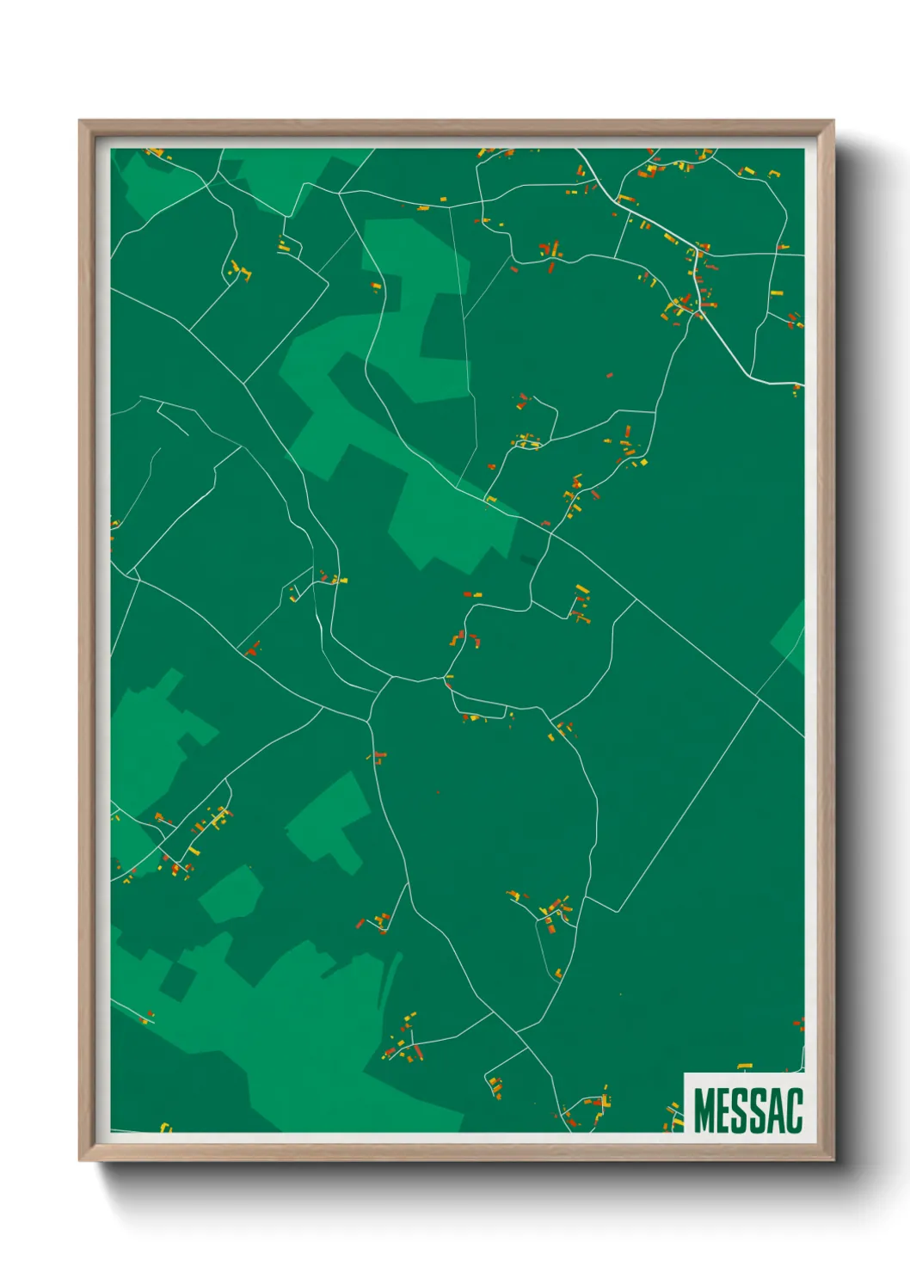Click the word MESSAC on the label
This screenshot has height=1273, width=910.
click(747, 1110)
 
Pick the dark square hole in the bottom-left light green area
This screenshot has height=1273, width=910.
click(177, 981)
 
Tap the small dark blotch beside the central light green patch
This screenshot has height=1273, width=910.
click(526, 560)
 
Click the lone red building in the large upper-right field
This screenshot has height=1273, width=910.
click(610, 376)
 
